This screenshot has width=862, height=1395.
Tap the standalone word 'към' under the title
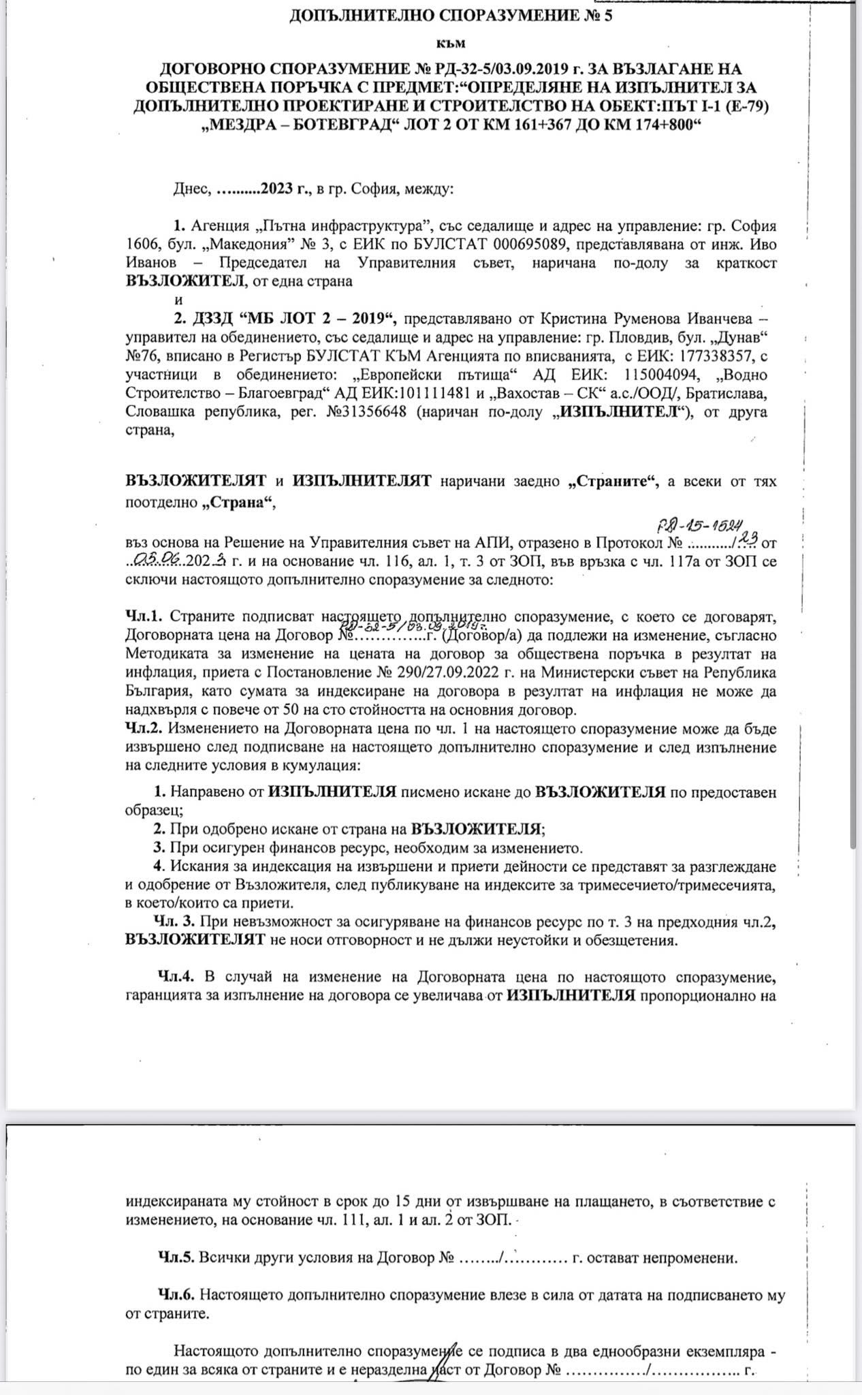tap(450, 43)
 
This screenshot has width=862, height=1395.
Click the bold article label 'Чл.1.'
tap(144, 616)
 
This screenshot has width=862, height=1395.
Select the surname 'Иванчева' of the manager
tap(715, 318)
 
